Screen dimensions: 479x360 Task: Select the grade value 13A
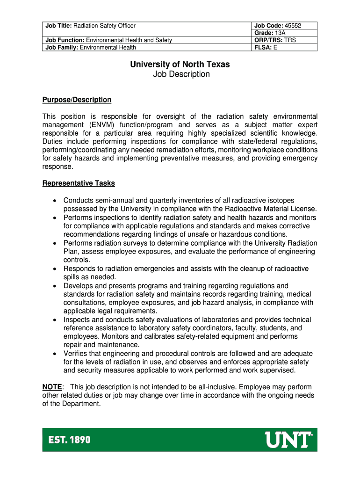tap(280, 33)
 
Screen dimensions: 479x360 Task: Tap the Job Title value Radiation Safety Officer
tap(107, 26)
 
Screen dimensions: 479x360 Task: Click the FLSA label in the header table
tap(263, 47)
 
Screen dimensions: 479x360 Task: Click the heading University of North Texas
tap(180, 64)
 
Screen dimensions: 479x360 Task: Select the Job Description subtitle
tap(180, 74)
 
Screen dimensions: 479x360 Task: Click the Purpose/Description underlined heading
tap(77, 100)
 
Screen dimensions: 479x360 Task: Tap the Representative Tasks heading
tap(79, 183)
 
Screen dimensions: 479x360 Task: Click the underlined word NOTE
tap(52, 387)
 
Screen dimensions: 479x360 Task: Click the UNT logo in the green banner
tap(288, 440)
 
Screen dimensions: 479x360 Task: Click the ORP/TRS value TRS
tap(290, 40)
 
